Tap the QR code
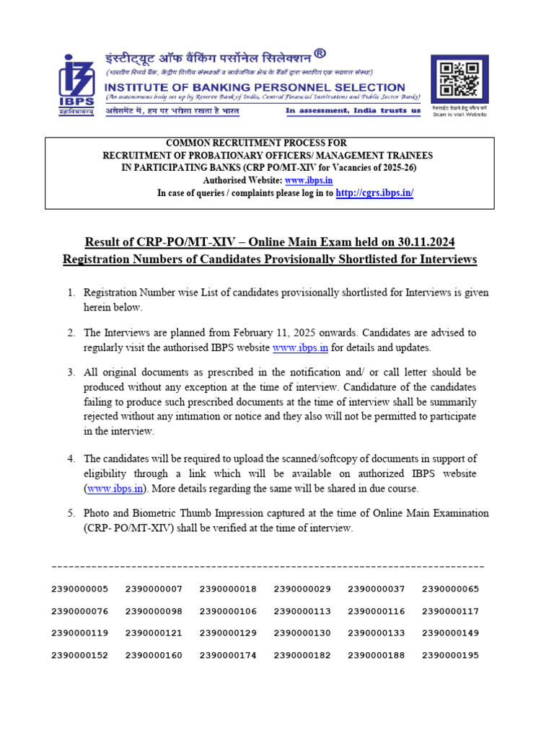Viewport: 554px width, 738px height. point(458,80)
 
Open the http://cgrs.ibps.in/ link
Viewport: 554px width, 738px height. point(374,193)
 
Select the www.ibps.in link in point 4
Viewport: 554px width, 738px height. point(115,489)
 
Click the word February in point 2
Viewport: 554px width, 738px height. point(265,333)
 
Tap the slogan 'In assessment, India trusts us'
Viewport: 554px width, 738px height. point(353,111)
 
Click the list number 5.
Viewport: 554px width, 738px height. point(71,514)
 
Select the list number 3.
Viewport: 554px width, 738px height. point(71,372)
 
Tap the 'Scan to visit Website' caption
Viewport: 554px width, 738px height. point(459,114)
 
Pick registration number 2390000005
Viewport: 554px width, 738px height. point(79,589)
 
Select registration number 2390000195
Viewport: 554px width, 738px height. point(450,656)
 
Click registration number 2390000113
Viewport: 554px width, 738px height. point(302,611)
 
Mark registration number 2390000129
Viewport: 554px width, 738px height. point(228,633)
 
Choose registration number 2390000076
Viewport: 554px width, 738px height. point(79,611)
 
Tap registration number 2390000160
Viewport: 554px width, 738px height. point(154,656)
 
